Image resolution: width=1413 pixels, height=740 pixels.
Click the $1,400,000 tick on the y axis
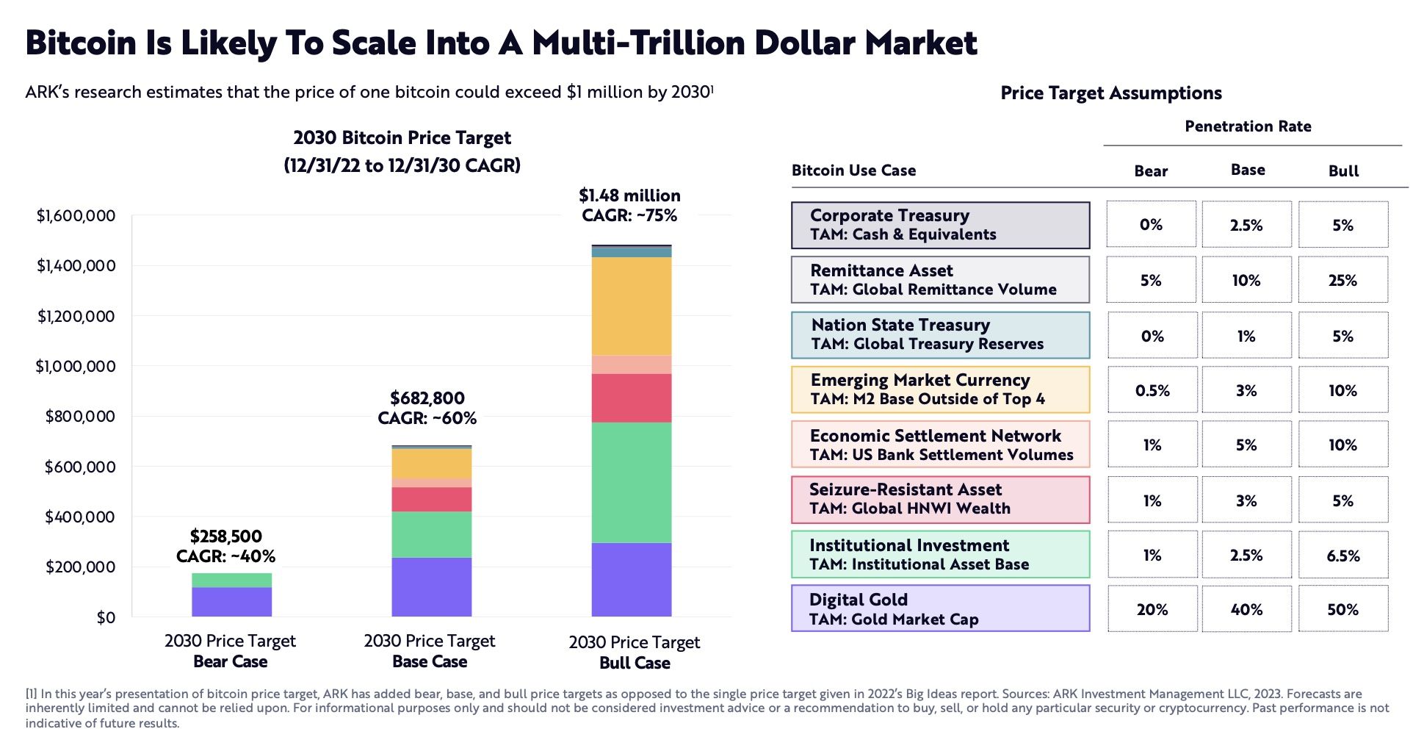pyautogui.click(x=76, y=266)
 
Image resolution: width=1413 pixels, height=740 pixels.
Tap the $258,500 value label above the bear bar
pyautogui.click(x=225, y=536)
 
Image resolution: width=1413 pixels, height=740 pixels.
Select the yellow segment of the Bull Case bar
pyautogui.click(x=632, y=306)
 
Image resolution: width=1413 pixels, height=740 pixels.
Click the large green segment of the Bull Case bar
pyautogui.click(x=632, y=482)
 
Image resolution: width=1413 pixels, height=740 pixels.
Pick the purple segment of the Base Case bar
pyautogui.click(x=431, y=586)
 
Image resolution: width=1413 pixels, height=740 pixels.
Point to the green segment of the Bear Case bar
pyautogui.click(x=231, y=580)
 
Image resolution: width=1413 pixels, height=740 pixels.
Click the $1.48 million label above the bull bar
pyautogui.click(x=629, y=195)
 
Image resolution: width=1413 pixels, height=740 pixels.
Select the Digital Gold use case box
pyautogui.click(x=940, y=608)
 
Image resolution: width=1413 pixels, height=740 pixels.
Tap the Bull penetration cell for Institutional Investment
pyautogui.click(x=1342, y=556)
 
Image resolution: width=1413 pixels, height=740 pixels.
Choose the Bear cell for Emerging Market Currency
pyautogui.click(x=1152, y=390)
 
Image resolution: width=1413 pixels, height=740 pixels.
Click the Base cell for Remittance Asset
pyautogui.click(x=1246, y=280)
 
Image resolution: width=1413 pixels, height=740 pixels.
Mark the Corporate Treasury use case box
pyautogui.click(x=940, y=225)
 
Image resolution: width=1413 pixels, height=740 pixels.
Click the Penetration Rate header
pyautogui.click(x=1248, y=126)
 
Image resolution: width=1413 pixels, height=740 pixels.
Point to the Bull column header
pyautogui.click(x=1343, y=171)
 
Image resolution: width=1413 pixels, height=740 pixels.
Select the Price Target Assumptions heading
pyautogui.click(x=1110, y=93)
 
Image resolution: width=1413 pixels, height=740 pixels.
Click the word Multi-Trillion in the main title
pyautogui.click(x=639, y=43)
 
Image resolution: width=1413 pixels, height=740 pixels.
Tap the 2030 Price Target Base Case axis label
pyautogui.click(x=430, y=651)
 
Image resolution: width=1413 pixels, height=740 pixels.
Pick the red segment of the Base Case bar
pyautogui.click(x=431, y=499)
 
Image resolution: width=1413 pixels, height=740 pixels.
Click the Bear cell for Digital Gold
pyautogui.click(x=1152, y=609)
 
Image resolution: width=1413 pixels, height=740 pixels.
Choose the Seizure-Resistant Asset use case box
pyautogui.click(x=940, y=500)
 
